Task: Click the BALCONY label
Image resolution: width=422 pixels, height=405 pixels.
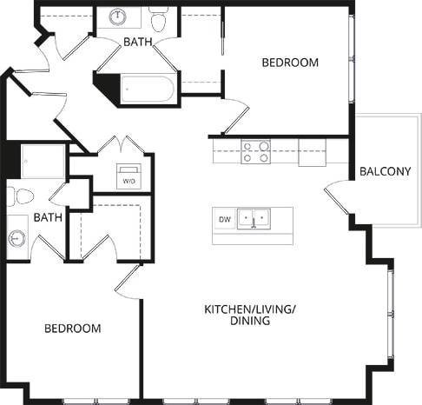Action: coord(385,171)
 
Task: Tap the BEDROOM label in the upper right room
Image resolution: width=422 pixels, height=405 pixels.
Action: coord(290,63)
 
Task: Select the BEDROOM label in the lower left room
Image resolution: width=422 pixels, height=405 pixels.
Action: coord(73,329)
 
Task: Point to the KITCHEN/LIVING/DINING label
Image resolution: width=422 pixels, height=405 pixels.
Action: coord(237,315)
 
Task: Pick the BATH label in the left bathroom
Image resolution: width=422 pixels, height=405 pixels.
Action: coord(48,217)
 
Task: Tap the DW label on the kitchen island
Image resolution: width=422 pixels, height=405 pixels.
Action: coord(223,220)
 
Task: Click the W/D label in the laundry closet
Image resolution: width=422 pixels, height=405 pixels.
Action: coord(129,182)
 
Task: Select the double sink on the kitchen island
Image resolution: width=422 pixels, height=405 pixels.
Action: coord(254,218)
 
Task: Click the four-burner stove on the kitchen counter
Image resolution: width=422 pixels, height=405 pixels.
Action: coord(254,152)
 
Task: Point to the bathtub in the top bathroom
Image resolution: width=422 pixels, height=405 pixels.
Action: coord(150,90)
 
